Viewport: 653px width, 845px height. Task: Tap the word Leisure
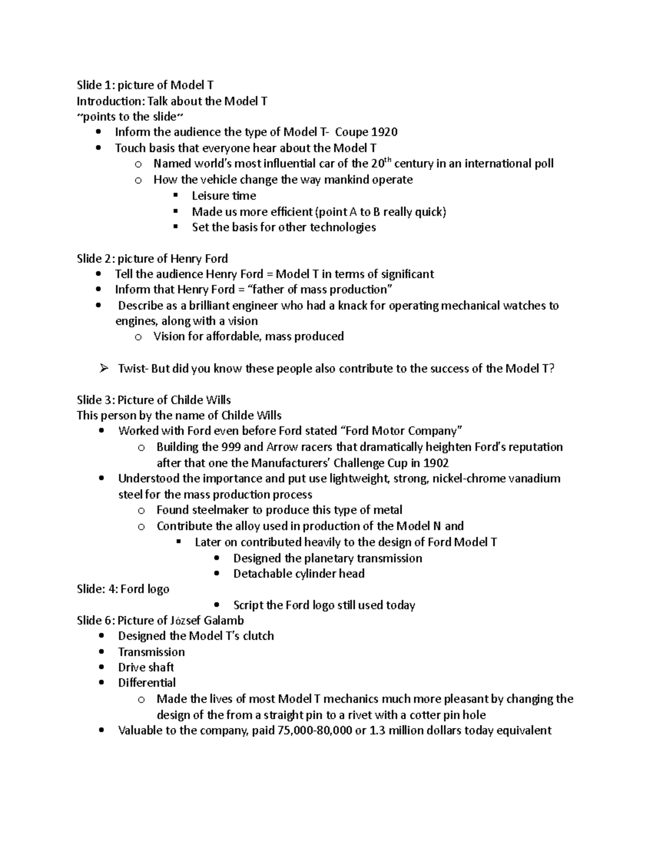(x=210, y=196)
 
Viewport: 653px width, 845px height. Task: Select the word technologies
(x=343, y=227)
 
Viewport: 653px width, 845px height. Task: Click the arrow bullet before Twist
(x=104, y=369)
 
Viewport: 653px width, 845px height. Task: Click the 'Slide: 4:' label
(x=97, y=589)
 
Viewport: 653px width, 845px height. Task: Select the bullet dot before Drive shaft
(x=102, y=668)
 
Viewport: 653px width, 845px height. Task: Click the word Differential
(x=147, y=683)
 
